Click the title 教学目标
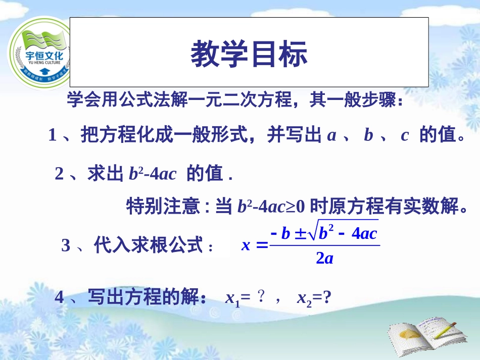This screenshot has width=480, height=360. [249, 55]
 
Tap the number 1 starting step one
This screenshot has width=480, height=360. [52, 136]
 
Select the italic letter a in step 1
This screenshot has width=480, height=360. [331, 136]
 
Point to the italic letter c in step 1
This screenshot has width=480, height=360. [404, 136]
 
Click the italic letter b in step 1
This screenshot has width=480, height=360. [368, 136]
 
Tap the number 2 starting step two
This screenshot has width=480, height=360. [59, 174]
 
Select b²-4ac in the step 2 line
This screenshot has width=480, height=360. [152, 174]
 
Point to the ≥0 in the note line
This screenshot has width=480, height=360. [296, 207]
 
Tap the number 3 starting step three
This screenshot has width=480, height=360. [66, 246]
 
